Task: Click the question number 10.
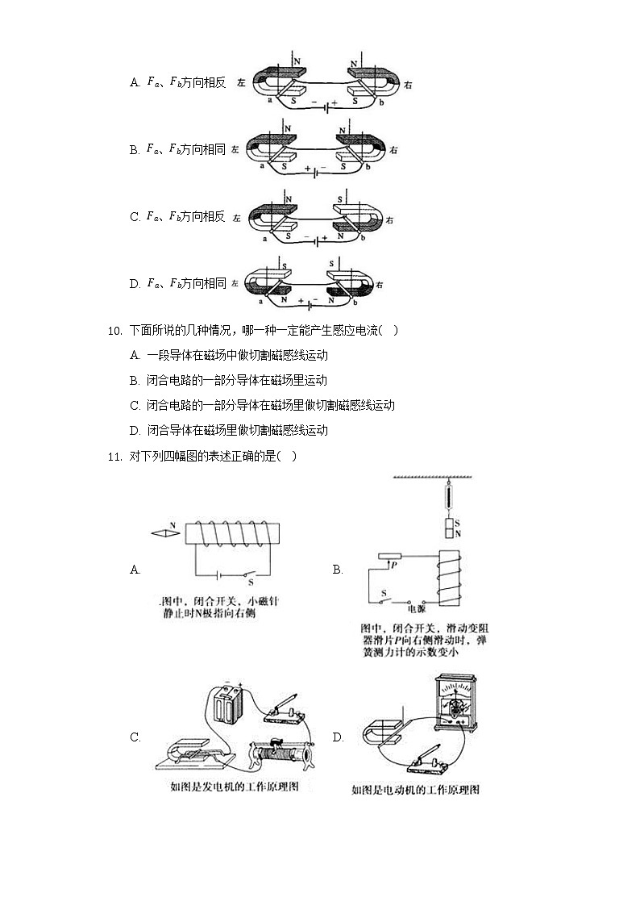point(113,330)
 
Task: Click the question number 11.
point(113,457)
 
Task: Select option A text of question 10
point(229,355)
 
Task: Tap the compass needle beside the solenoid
point(166,532)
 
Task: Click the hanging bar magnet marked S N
point(451,529)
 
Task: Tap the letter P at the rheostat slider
point(393,566)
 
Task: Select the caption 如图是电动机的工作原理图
point(415,790)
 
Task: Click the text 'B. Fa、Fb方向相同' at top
point(177,149)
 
